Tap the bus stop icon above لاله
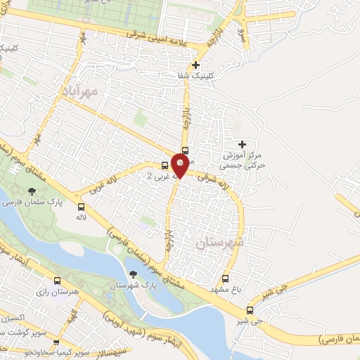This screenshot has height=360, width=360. (x=82, y=207)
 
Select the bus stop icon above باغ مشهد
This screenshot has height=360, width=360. (x=225, y=278)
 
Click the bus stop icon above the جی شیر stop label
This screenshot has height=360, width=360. (x=250, y=310)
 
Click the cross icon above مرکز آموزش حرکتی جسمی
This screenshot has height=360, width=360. (x=243, y=144)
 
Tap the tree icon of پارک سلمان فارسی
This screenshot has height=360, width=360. (x=31, y=190)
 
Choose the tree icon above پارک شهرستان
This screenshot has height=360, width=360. (x=133, y=274)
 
